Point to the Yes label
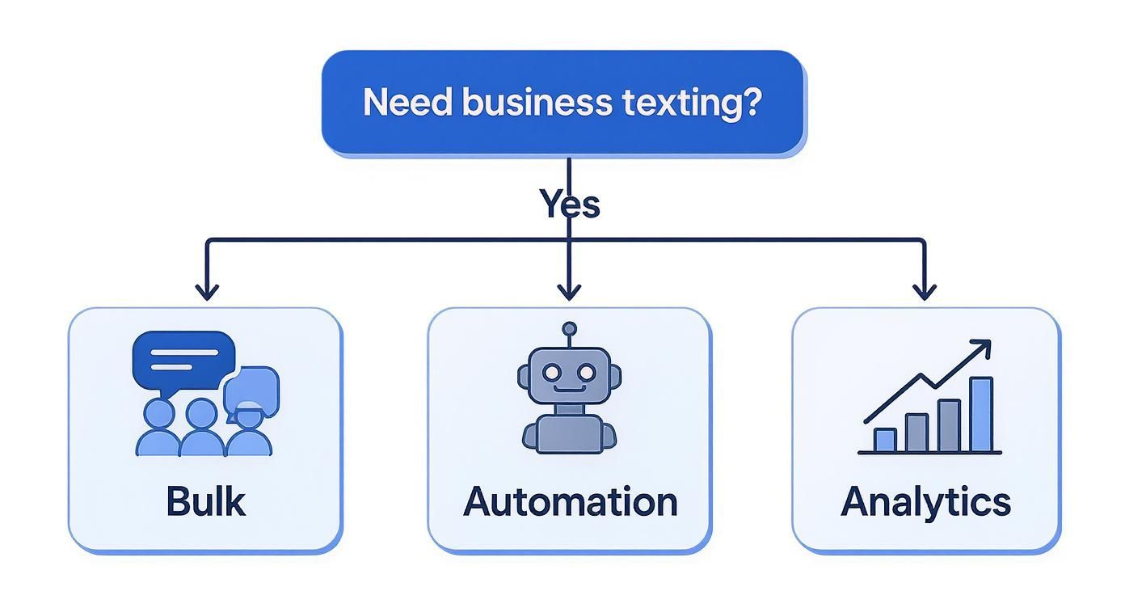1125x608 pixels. click(570, 204)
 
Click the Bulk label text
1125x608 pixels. click(205, 501)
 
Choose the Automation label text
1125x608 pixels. click(570, 501)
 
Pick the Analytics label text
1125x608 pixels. click(925, 501)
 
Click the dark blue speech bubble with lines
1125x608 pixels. click(183, 358)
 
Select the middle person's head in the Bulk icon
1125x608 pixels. click(200, 414)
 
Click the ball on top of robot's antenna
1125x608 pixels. click(570, 328)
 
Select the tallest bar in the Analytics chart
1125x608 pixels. click(980, 414)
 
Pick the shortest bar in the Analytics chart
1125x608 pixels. click(885, 440)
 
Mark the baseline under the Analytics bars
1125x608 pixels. click(929, 453)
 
